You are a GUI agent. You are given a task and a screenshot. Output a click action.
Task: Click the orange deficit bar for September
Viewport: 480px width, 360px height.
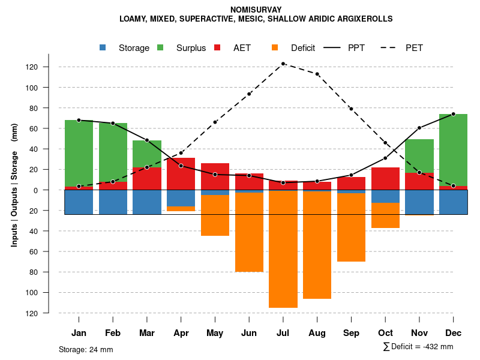coord(351,227)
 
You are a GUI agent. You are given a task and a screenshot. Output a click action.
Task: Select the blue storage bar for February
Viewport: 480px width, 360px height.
coord(113,202)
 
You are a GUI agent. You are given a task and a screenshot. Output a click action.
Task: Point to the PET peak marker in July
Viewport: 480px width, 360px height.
coord(283,64)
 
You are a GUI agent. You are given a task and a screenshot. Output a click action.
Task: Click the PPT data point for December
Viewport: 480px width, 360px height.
coord(453,114)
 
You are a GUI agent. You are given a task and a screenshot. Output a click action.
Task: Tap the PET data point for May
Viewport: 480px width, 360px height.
coord(215,122)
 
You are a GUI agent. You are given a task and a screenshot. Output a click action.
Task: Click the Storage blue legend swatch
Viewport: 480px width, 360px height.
coord(104,48)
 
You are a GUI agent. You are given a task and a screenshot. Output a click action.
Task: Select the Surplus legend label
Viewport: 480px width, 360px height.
coord(191,48)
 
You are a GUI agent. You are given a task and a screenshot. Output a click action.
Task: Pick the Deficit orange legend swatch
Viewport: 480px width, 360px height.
coord(275,48)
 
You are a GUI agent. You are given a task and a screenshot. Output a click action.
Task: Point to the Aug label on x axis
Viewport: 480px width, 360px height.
coord(317,333)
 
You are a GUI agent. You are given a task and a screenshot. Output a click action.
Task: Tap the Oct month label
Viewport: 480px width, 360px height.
coord(385,333)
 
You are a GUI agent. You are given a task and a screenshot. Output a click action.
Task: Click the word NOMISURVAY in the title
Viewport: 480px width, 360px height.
coord(256,10)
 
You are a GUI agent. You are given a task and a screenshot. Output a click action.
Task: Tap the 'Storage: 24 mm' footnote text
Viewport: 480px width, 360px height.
coord(86,349)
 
